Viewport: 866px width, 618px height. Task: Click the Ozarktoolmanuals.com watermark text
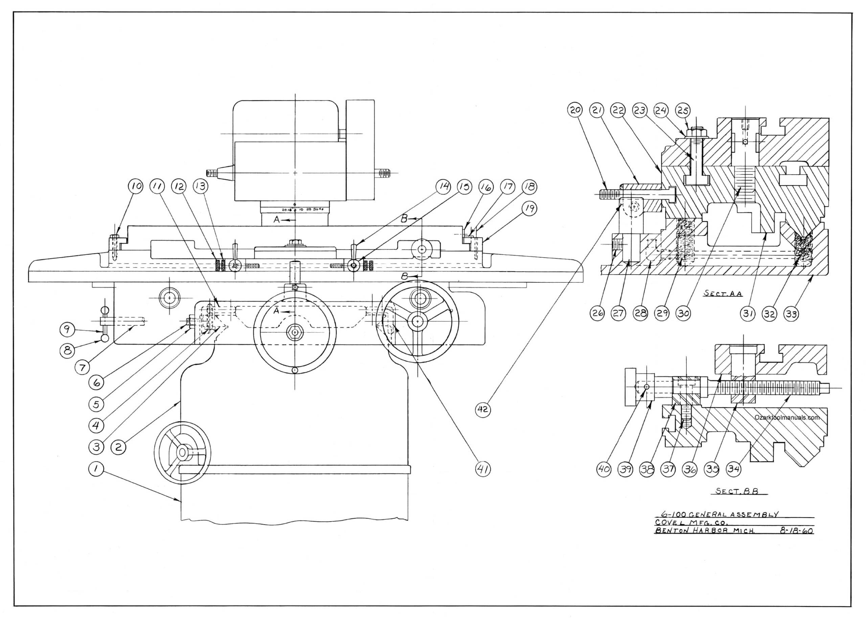point(787,417)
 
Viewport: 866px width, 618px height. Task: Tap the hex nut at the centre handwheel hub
point(295,332)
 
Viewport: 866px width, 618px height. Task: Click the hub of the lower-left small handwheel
point(182,453)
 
